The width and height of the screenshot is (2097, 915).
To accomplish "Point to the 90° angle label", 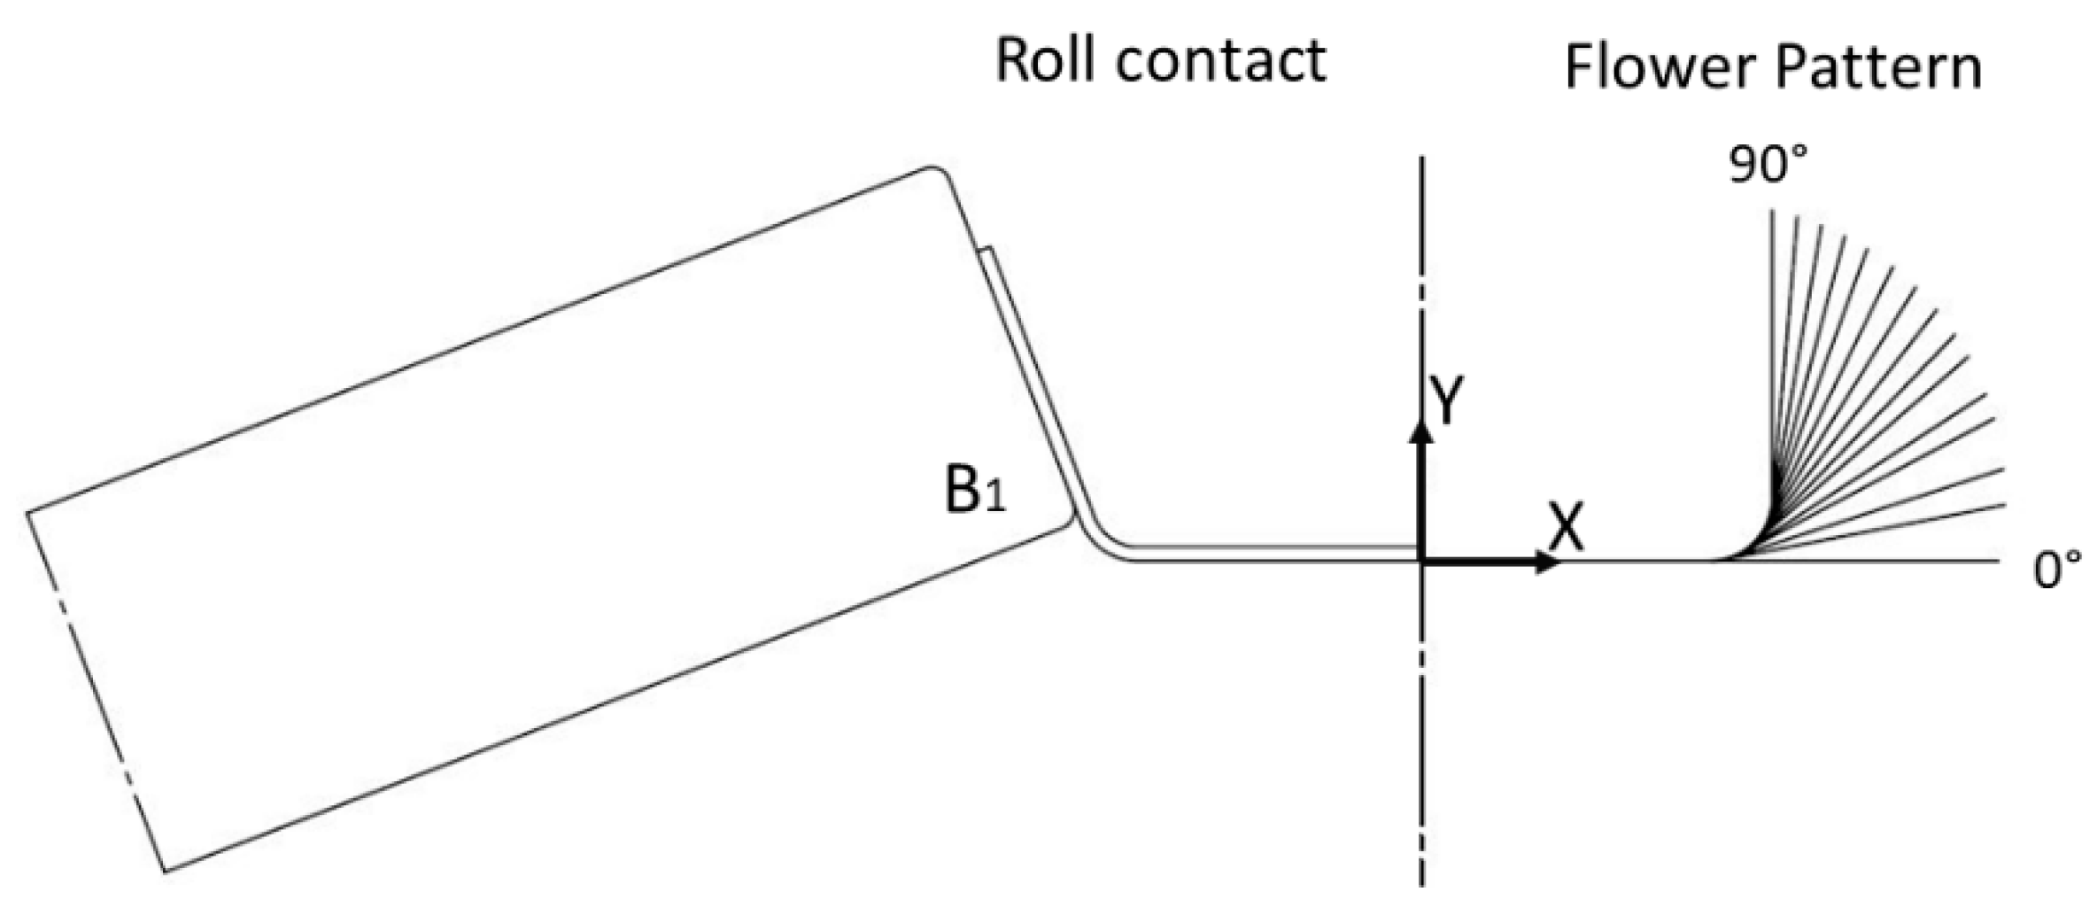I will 1767,165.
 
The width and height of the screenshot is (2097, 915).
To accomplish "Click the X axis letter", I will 1565,529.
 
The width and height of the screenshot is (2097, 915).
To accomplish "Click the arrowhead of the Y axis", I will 1421,431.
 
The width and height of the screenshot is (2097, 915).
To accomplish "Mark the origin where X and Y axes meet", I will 1421,561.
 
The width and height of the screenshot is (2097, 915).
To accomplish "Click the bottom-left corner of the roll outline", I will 166,871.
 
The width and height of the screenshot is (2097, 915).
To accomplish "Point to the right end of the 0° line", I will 1999,561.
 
